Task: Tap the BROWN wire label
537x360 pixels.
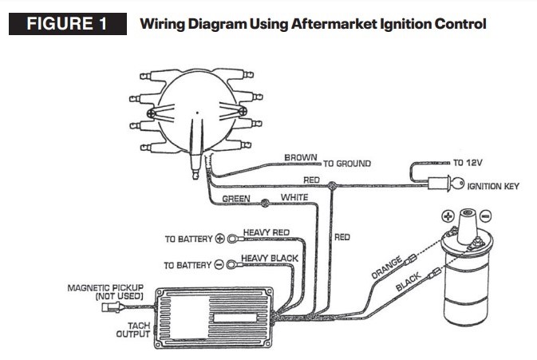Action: [x=301, y=158]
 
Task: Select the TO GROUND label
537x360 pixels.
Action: [x=347, y=164]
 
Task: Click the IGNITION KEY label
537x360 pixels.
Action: [x=493, y=186]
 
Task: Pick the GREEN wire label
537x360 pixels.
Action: [x=236, y=199]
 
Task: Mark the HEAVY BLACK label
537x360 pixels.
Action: [x=271, y=257]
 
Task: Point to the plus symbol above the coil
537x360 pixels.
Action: [x=450, y=216]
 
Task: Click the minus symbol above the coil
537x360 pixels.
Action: [x=486, y=216]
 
